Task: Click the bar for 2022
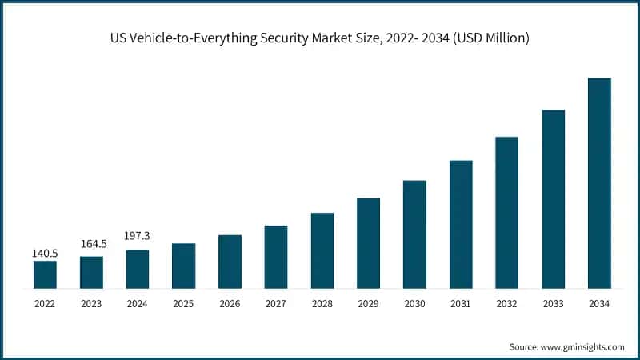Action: point(45,274)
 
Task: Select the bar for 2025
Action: point(183,266)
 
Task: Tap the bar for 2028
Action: point(322,250)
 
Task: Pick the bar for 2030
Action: point(414,234)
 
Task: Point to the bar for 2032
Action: point(506,212)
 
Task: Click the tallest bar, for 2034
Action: point(599,183)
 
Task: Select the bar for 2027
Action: point(276,257)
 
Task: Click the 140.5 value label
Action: point(45,253)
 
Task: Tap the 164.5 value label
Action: point(91,244)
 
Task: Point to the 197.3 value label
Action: point(138,236)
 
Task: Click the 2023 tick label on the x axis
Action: point(91,303)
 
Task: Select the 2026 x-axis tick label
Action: point(230,303)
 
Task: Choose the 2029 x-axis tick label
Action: point(368,303)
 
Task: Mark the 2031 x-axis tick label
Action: point(461,303)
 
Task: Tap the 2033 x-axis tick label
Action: point(553,303)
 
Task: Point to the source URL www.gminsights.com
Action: point(585,346)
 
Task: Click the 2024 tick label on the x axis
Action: point(138,303)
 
